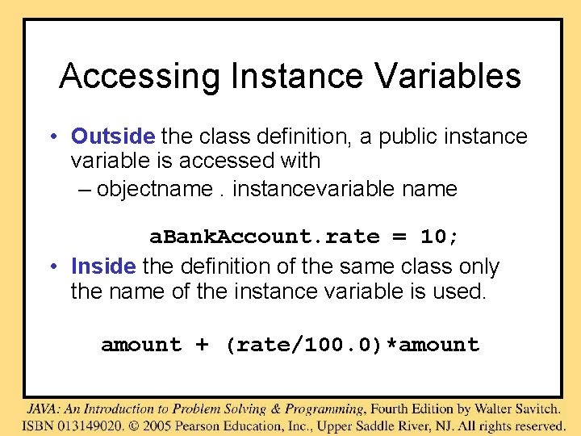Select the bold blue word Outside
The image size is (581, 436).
pyautogui.click(x=112, y=136)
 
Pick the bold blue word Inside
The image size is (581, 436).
pyautogui.click(x=103, y=266)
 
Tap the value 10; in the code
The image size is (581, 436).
pyautogui.click(x=440, y=237)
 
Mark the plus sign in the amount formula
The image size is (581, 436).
pyautogui.click(x=203, y=346)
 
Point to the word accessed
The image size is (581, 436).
pyautogui.click(x=225, y=161)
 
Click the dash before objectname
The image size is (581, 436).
pyautogui.click(x=104, y=190)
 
